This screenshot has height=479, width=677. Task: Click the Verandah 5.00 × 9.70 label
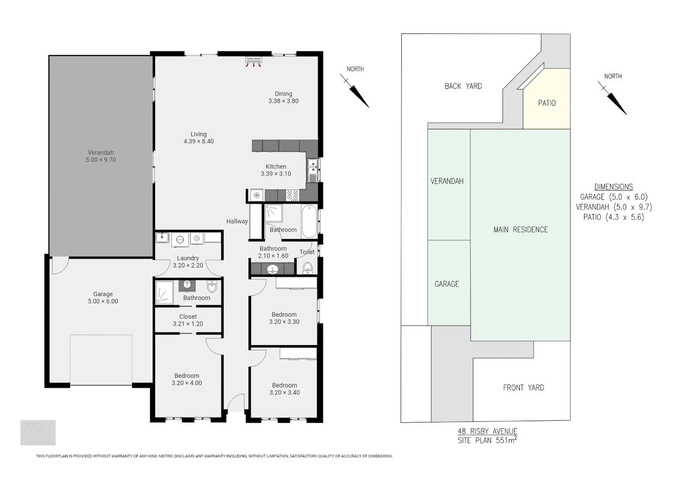coord(101,156)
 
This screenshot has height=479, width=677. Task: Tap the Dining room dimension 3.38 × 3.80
coord(283,101)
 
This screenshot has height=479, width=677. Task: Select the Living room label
coord(198,134)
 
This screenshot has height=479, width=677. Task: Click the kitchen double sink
coord(313,167)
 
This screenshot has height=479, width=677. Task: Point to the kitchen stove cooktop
coord(292,195)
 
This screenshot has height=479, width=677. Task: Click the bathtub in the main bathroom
coord(309,221)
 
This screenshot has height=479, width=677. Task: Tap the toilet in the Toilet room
coord(307,267)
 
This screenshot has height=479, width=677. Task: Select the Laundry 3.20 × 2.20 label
coord(188,262)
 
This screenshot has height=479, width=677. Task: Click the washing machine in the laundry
coord(180,239)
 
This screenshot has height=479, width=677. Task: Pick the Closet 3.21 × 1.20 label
coord(188,320)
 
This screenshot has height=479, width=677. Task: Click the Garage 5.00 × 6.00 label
coord(103,298)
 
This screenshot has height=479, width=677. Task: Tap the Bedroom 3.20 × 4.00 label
coord(187,379)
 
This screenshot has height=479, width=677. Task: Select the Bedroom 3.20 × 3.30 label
coord(284,318)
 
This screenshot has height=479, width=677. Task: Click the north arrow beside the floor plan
coord(355,90)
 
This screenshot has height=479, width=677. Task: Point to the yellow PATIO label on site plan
coord(547,103)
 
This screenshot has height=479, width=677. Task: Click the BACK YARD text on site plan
coord(463,86)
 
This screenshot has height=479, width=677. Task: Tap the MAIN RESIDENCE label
coord(521,229)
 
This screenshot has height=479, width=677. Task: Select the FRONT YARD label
coord(523,388)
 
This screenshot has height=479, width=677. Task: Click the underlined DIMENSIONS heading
coord(613,187)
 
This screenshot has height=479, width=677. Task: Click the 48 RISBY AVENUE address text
coord(487,431)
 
